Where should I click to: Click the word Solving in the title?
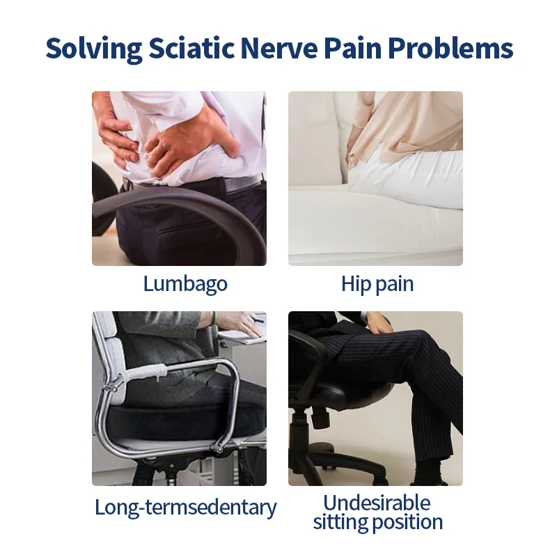[94, 49]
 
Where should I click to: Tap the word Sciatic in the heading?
[191, 47]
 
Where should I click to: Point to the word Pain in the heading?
[353, 47]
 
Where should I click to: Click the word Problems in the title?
[450, 47]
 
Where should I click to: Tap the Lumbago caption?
[185, 284]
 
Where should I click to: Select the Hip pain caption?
[377, 284]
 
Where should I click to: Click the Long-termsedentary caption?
[185, 508]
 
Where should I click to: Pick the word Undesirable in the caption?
[377, 503]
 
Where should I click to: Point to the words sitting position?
[377, 522]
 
